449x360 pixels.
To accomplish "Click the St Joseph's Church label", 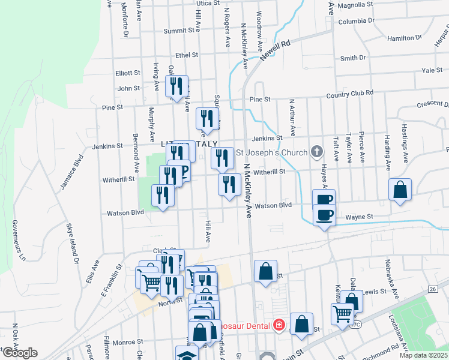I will (271, 152).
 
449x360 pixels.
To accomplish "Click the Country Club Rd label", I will (349, 94).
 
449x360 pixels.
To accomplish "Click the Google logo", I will (20, 352).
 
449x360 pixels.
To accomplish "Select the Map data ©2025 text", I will (423, 355).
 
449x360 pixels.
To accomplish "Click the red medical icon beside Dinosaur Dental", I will (279, 325).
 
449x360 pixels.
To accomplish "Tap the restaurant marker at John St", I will (176, 86).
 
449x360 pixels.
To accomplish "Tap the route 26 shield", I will (432, 290).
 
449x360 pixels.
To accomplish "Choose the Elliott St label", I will (127, 73).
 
